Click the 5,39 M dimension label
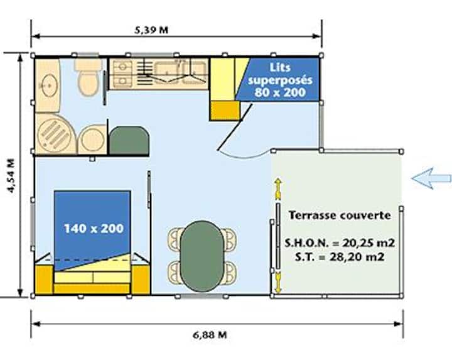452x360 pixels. pos(151,30)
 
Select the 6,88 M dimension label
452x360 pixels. pos(210,335)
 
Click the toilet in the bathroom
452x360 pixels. pos(89,77)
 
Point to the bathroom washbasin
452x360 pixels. pos(50,85)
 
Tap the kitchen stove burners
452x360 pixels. pos(122,74)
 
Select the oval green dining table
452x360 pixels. pos(202,256)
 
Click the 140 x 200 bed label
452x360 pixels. pos(94,229)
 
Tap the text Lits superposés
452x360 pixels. pos(280,74)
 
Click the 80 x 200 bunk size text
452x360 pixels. pos(280,92)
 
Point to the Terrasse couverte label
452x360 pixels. pos(340,215)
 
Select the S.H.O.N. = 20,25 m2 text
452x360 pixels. pos(340,243)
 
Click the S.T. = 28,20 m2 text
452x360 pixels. pos(340,256)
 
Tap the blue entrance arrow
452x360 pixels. pos(431,178)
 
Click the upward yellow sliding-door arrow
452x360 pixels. pos(278,189)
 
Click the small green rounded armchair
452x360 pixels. pos(129,141)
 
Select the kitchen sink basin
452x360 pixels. pos(166,72)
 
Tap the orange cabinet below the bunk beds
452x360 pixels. pos(225,111)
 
